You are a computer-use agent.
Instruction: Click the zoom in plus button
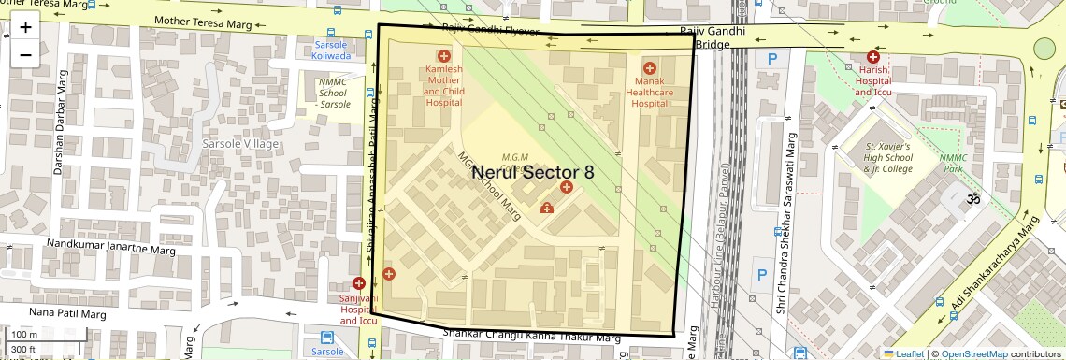(x=25, y=27)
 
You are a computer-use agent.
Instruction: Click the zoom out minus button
(x=25, y=54)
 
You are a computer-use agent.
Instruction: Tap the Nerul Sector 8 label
(x=532, y=172)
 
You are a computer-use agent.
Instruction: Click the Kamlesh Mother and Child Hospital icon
(x=443, y=57)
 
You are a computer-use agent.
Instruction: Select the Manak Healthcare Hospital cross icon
(x=649, y=68)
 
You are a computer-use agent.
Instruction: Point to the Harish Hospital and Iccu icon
(x=872, y=58)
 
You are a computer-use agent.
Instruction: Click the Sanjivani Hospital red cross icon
(x=359, y=282)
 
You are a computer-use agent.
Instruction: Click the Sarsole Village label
(x=240, y=144)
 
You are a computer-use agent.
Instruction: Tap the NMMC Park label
(x=955, y=164)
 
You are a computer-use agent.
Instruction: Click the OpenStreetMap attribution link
(x=973, y=353)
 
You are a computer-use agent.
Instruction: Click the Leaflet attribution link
(x=909, y=353)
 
